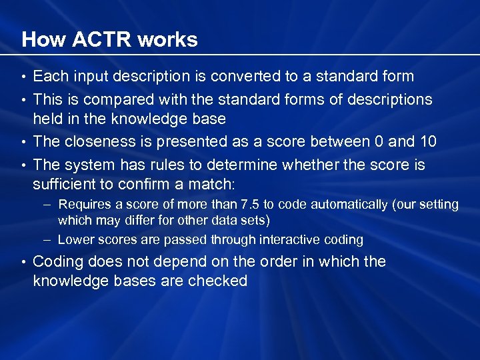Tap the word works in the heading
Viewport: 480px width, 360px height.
(x=167, y=39)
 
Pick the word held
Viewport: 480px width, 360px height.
(x=47, y=119)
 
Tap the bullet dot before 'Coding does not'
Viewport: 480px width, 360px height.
(x=24, y=261)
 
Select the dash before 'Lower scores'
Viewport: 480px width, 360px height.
(x=49, y=239)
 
